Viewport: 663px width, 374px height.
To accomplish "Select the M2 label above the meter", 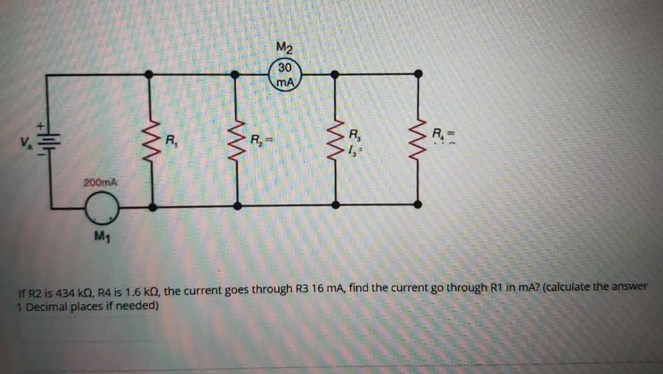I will click(x=285, y=47).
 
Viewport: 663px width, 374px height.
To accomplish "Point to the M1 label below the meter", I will click(x=101, y=237).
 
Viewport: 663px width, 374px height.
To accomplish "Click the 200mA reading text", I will click(x=101, y=182).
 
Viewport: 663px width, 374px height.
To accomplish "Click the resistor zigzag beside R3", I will click(x=335, y=142).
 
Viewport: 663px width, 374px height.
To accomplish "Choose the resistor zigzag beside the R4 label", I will click(x=419, y=142).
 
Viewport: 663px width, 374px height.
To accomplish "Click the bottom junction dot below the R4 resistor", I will click(x=418, y=204).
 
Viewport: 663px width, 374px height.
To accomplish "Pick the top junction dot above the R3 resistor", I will click(x=335, y=74).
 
